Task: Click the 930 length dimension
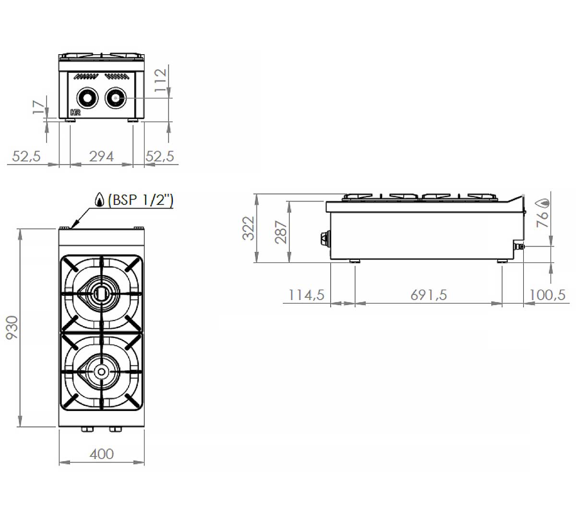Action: click(x=12, y=328)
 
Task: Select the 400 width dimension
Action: click(x=102, y=454)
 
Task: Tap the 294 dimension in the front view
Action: click(x=101, y=156)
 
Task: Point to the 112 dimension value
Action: click(x=160, y=80)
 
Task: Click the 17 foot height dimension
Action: click(x=39, y=107)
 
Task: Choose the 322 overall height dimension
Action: click(x=248, y=228)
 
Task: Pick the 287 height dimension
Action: click(x=281, y=232)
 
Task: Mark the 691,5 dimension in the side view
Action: click(x=429, y=295)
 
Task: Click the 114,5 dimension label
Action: click(x=306, y=295)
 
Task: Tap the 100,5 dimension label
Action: click(x=547, y=295)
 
